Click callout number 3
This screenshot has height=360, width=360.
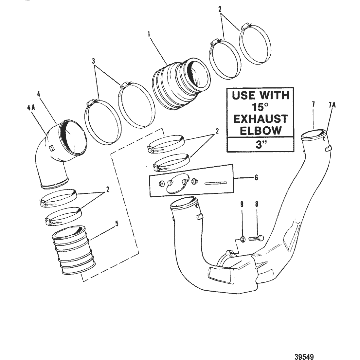tap(94, 62)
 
